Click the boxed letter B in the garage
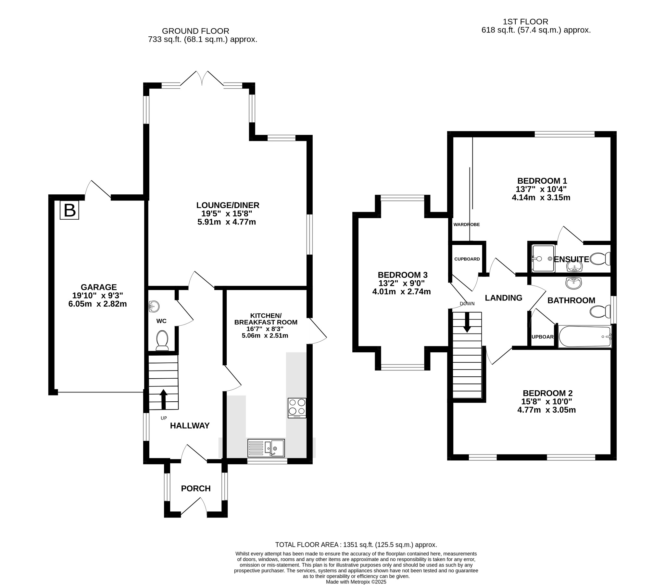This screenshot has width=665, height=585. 69,210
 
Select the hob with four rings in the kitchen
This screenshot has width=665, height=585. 297,408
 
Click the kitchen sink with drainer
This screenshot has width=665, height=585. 266,448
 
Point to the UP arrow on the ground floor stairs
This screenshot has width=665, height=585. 163,399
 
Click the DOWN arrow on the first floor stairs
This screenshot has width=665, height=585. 467,323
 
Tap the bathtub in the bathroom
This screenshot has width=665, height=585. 585,337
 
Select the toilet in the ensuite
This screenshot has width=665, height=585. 600,259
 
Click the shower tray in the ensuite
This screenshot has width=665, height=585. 543,258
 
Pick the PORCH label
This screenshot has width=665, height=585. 196,489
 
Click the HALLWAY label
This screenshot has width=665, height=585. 190,426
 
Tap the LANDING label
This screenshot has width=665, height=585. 504,298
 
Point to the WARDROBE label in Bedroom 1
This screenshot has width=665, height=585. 467,225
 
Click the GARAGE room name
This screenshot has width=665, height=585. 99,287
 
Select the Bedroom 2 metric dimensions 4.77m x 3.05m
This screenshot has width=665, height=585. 546,410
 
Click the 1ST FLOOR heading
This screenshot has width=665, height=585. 525,22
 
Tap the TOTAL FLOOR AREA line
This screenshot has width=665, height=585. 356,545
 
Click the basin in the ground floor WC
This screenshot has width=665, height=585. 154,306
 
